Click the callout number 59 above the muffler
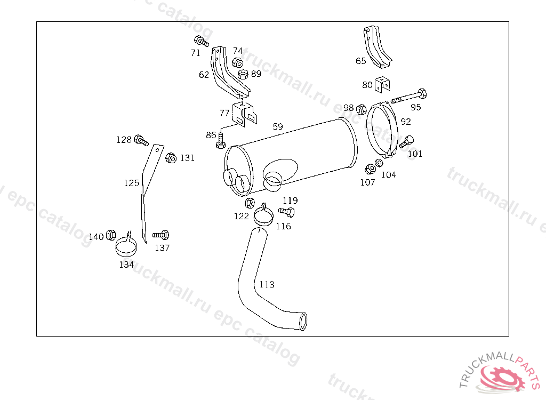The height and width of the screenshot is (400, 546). click(278, 127)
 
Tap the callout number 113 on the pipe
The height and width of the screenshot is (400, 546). click(267, 284)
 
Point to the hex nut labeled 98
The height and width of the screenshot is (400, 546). click(361, 110)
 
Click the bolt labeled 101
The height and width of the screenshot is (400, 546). click(407, 142)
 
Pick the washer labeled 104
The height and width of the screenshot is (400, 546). click(379, 163)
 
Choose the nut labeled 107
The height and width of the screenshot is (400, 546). click(368, 170)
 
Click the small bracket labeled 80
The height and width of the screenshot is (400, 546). click(382, 85)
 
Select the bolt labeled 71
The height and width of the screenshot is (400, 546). click(201, 42)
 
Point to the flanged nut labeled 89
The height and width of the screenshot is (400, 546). click(243, 74)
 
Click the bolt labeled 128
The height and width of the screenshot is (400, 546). click(141, 140)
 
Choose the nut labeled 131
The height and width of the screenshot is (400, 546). click(171, 158)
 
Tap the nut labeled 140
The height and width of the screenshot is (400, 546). click(111, 235)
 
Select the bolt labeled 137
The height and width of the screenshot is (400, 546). click(162, 235)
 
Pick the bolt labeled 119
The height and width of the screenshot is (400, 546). click(287, 212)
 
